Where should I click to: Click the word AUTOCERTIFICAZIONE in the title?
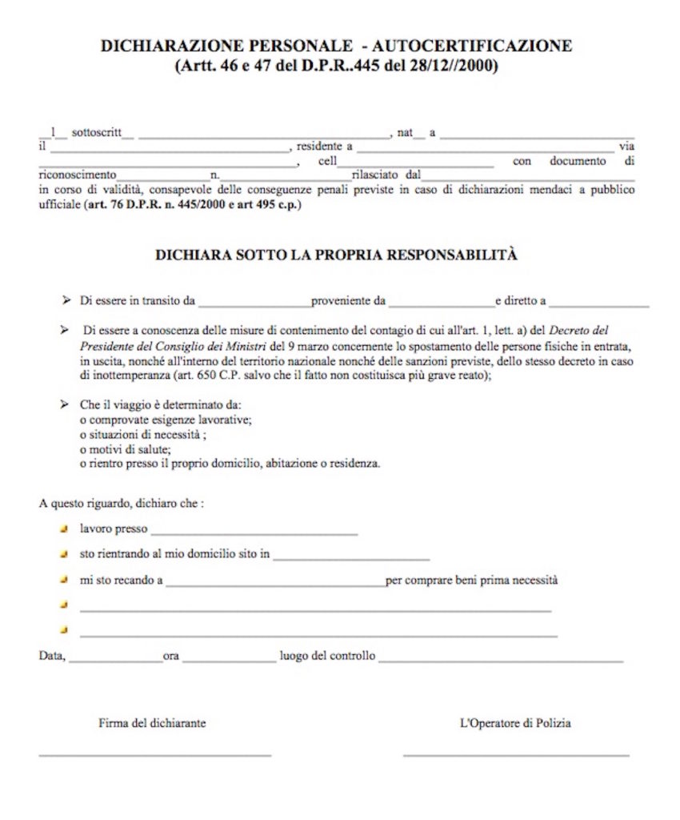pyautogui.click(x=479, y=46)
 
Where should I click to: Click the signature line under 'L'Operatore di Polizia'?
pyautogui.click(x=516, y=754)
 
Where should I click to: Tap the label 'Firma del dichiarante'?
pyautogui.click(x=152, y=722)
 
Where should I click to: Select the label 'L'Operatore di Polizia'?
pyautogui.click(x=515, y=722)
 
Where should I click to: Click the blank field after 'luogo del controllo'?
pyautogui.click(x=501, y=661)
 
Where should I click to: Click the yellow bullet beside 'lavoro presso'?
pyautogui.click(x=64, y=529)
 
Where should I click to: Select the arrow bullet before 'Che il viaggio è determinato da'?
pyautogui.click(x=64, y=405)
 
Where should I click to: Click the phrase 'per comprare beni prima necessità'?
pyautogui.click(x=471, y=580)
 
